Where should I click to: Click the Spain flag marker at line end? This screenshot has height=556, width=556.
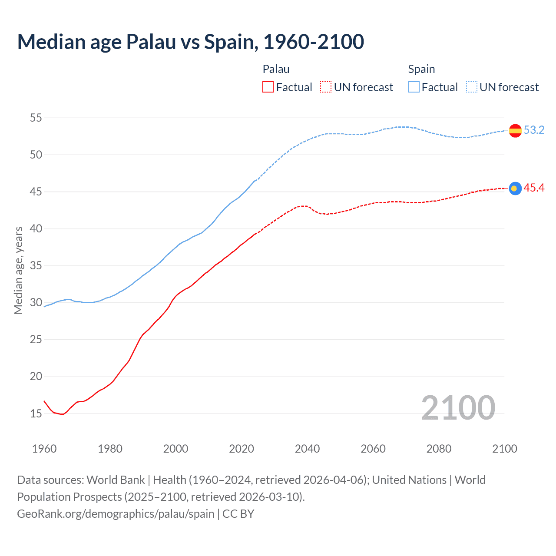(x=515, y=130)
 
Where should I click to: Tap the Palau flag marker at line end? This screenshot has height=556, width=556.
(x=515, y=188)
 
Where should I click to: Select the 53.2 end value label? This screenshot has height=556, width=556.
(x=534, y=130)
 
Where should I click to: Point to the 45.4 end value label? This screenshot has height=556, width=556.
(x=534, y=188)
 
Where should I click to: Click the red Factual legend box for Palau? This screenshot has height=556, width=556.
(x=268, y=87)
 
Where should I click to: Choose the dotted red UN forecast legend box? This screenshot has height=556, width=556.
(x=326, y=87)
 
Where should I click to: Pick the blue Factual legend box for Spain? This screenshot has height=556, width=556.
(x=414, y=87)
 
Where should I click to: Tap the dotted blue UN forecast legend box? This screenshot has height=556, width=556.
(x=471, y=87)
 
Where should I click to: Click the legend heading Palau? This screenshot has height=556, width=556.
(x=276, y=69)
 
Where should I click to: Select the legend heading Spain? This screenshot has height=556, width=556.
(x=421, y=69)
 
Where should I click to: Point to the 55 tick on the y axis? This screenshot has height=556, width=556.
(x=36, y=118)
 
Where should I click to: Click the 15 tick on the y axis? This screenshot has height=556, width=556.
(x=36, y=414)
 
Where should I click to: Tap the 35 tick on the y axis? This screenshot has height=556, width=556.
(x=36, y=265)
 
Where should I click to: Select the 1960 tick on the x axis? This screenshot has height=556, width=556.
(x=44, y=449)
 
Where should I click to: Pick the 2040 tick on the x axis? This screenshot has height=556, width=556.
(x=307, y=449)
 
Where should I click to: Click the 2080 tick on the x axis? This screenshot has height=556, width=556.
(x=439, y=449)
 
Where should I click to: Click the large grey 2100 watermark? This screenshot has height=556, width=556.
(x=458, y=407)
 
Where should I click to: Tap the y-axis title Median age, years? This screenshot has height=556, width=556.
(x=18, y=270)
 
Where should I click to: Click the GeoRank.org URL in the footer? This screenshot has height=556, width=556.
(x=116, y=514)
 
